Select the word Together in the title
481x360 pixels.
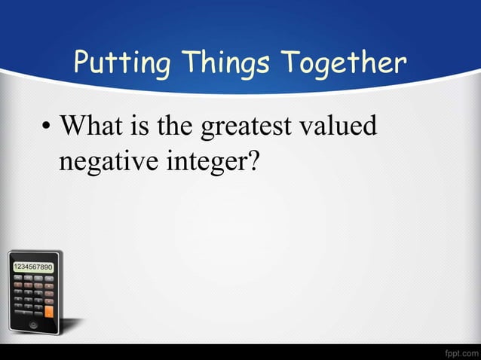click(x=345, y=64)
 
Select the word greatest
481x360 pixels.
click(x=244, y=127)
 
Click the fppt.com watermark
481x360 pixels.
click(x=459, y=352)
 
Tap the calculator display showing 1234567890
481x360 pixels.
click(x=32, y=267)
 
